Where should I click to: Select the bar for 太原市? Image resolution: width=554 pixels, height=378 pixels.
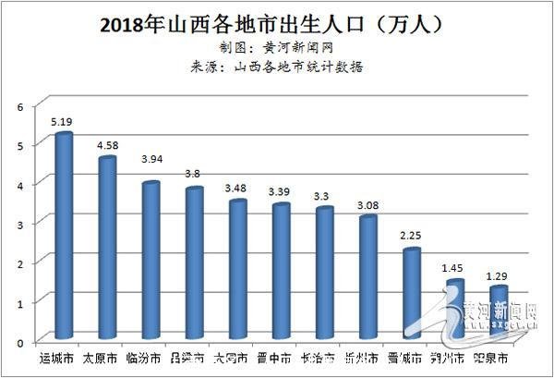pyautogui.click(x=107, y=249)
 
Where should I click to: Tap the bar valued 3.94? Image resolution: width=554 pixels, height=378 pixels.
pyautogui.click(x=151, y=262)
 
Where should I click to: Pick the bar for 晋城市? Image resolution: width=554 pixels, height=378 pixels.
pyautogui.click(x=412, y=295)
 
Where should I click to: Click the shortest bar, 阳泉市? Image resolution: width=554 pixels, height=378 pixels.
pyautogui.click(x=499, y=314)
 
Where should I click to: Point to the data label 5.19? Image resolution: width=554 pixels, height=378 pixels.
pyautogui.click(x=62, y=120)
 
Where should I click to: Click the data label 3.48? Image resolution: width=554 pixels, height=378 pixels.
pyautogui.click(x=236, y=188)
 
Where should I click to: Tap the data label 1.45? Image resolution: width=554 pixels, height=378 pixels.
pyautogui.click(x=453, y=267)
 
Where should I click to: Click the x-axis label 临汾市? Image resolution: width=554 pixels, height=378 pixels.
pyautogui.click(x=148, y=358)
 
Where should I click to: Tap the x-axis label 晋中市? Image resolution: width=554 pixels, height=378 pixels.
pyautogui.click(x=278, y=358)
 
